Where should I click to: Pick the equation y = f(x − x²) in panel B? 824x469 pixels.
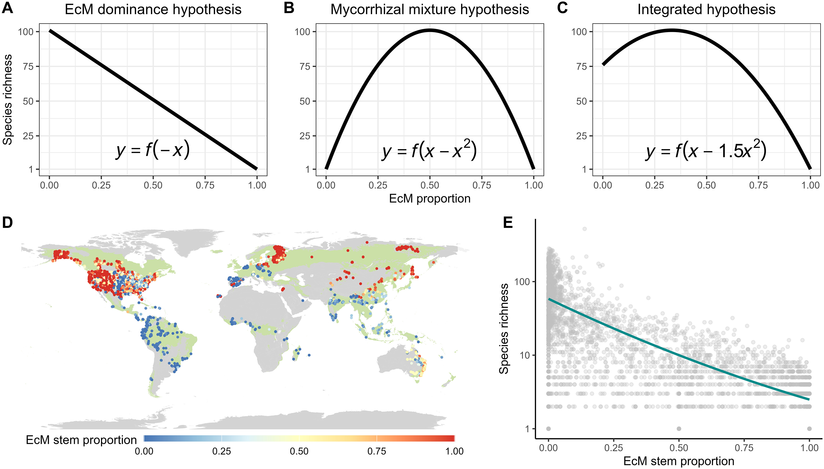click(429, 150)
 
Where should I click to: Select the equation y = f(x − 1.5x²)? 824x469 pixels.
click(706, 150)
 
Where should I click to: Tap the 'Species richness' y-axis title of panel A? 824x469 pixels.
click(8, 100)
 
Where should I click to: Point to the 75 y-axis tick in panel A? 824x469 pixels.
click(28, 66)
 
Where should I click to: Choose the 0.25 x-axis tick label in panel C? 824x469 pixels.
click(654, 185)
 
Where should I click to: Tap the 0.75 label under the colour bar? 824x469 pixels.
click(377, 451)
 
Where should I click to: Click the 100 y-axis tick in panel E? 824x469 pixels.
click(522, 282)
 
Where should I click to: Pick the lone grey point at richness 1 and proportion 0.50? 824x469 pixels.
click(679, 429)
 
